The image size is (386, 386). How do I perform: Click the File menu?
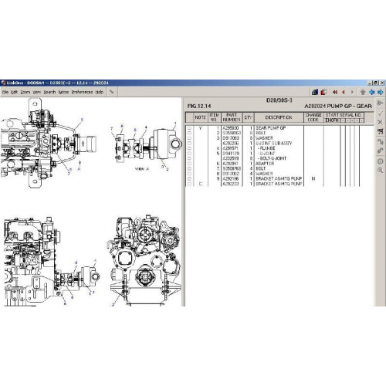5,91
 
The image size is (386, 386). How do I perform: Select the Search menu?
49,91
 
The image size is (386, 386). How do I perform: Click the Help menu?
100,91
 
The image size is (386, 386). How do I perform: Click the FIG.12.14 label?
199,105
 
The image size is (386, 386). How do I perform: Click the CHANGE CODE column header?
312,117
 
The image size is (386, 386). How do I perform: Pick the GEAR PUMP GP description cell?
271,127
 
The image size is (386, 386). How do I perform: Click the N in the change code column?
312,178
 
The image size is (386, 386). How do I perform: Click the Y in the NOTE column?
201,127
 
